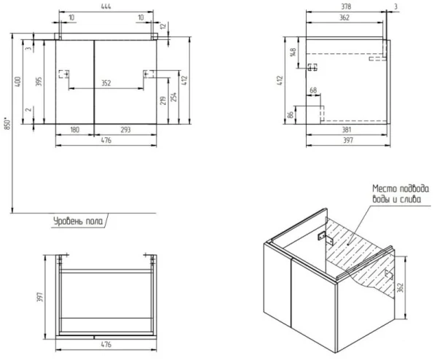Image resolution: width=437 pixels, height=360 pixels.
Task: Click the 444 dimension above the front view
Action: coord(106,5)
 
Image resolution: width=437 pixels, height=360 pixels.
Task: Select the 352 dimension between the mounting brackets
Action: coord(106,83)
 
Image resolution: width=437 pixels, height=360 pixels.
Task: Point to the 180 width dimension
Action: coord(74,130)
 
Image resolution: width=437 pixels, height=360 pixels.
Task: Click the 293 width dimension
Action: coord(126,130)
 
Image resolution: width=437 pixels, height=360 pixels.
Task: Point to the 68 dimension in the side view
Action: coord(314,91)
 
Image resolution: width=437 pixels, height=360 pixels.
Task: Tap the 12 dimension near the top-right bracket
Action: coord(164,27)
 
